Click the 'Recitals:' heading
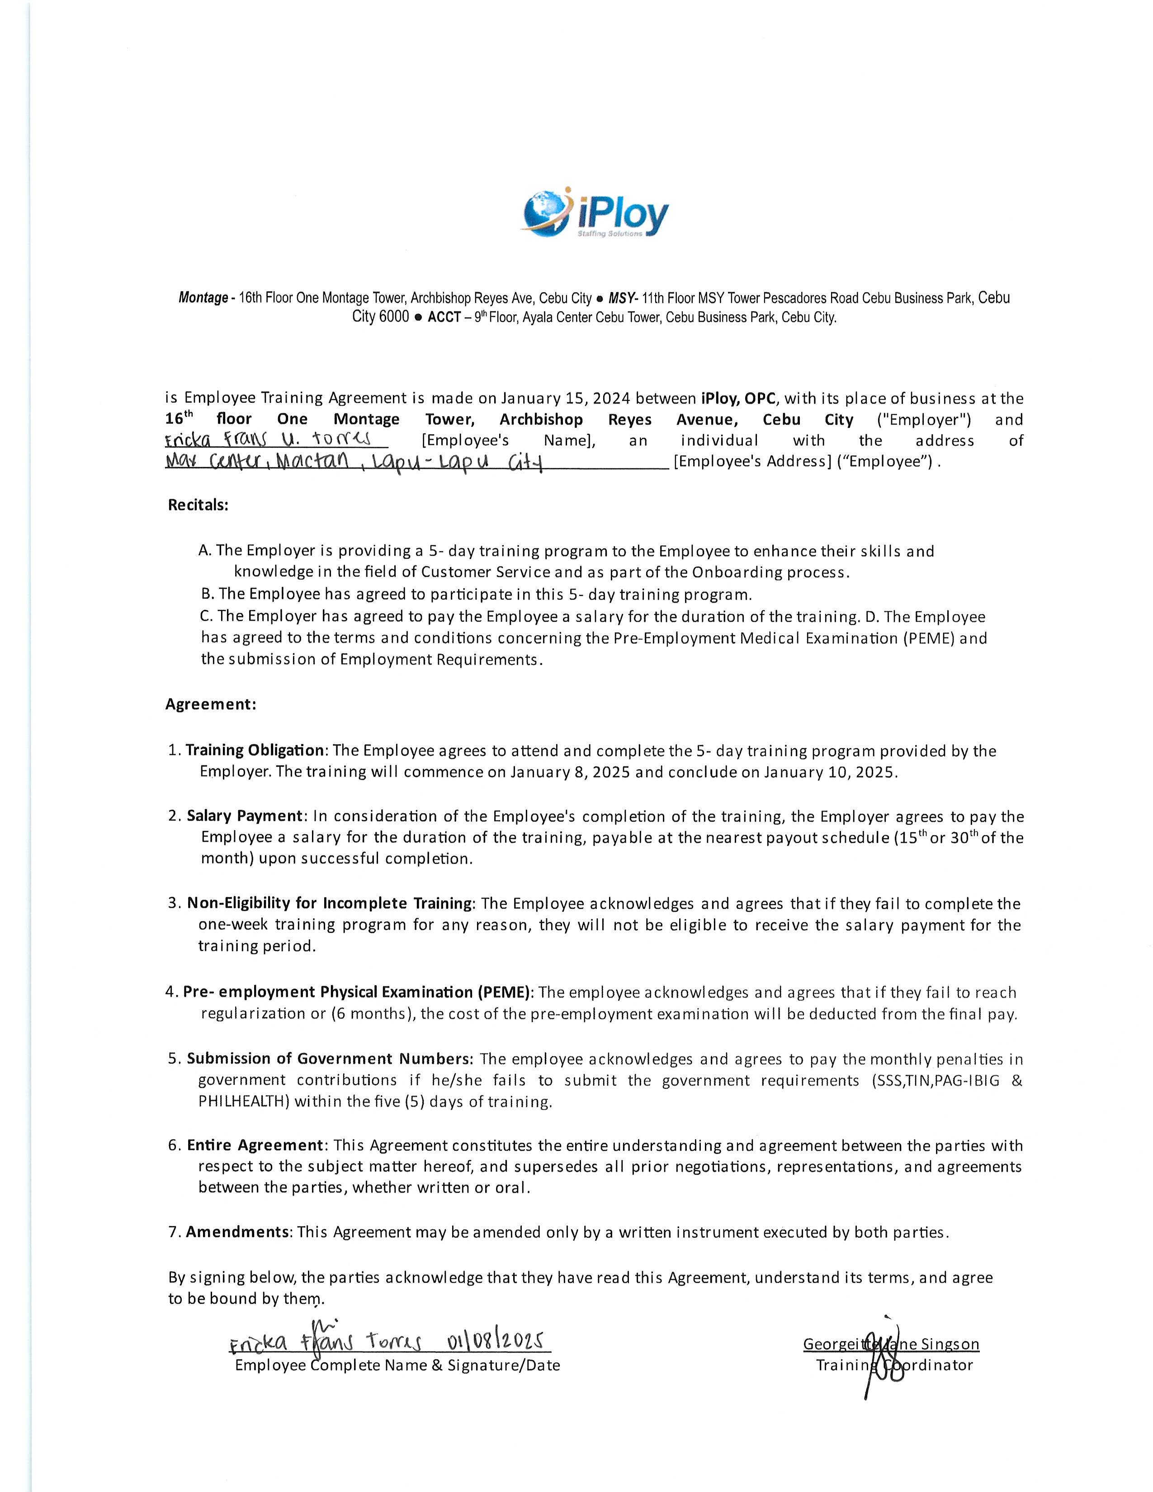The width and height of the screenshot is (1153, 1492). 198,505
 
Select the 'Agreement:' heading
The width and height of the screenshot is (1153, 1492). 210,704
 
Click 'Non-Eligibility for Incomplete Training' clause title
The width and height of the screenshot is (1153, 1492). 329,903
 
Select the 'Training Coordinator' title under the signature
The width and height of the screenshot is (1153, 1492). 894,1365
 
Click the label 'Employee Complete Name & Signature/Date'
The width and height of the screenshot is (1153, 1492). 397,1365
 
